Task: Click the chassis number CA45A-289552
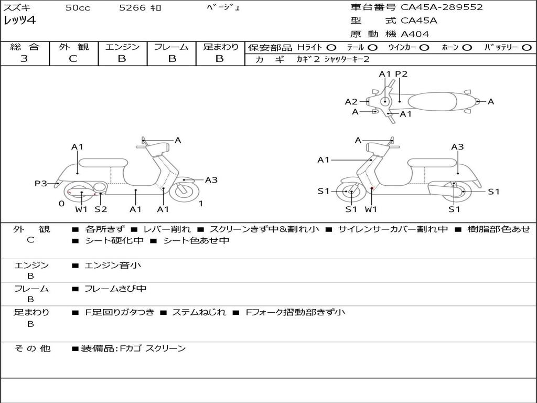coord(442,7)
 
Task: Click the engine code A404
coord(415,34)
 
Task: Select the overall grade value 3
coord(24,59)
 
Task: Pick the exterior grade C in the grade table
coord(73,59)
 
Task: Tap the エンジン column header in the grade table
coord(122,47)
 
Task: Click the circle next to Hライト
coord(331,47)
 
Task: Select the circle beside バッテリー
coord(527,47)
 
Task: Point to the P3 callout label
coord(41,183)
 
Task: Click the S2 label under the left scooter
coord(101,209)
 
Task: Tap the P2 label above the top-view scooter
coord(401,74)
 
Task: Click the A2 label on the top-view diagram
coord(351,102)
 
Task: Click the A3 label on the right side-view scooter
coord(457,147)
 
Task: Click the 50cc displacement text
coord(78,8)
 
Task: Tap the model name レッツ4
coord(19,20)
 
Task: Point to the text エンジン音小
coord(113,266)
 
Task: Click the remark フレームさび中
coord(115,289)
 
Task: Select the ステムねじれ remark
coord(199,312)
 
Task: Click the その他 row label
coord(32,348)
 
